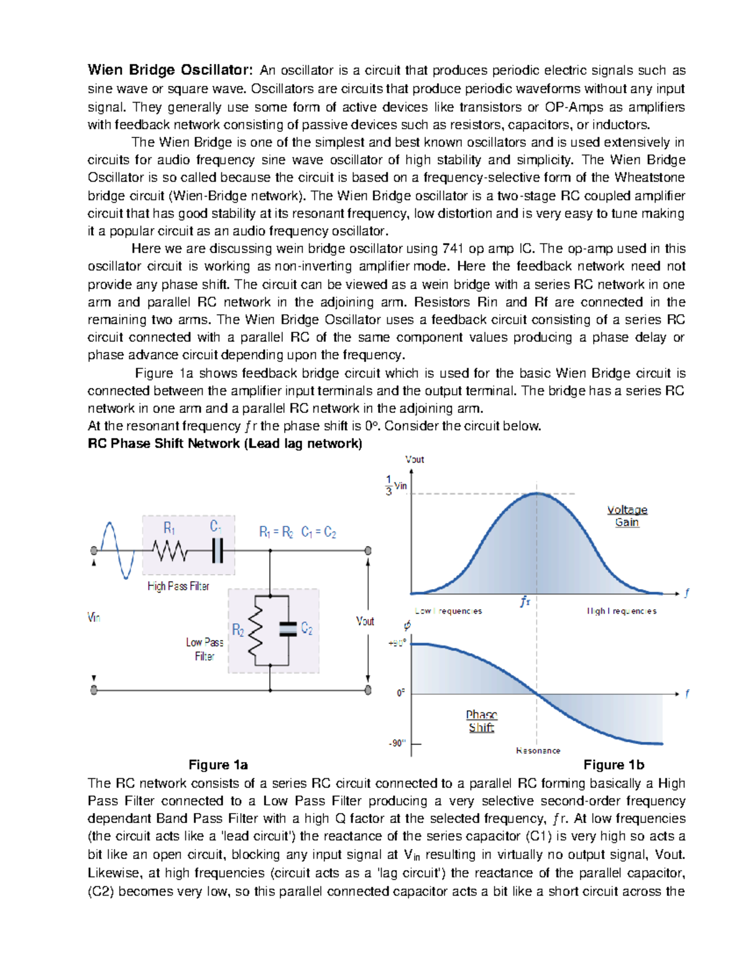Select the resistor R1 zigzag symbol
click(170, 551)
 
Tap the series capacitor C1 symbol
click(218, 551)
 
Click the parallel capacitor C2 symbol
click(288, 629)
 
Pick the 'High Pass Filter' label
click(178, 586)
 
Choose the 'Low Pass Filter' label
click(205, 649)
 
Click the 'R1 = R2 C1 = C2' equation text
click(297, 532)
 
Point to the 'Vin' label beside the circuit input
click(94, 618)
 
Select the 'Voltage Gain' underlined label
click(627, 516)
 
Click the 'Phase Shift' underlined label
click(481, 721)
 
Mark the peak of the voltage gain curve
click(537, 494)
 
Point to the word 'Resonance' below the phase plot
click(538, 751)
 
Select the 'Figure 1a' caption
click(218, 765)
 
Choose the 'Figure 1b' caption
click(614, 765)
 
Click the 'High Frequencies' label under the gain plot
click(622, 611)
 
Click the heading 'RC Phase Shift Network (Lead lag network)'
click(224, 444)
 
